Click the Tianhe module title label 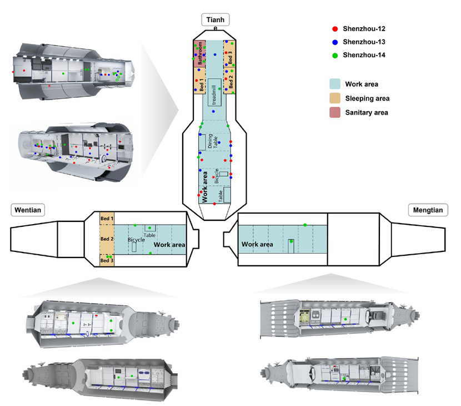coord(216,21)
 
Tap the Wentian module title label coord(27,209)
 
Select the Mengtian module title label coord(425,210)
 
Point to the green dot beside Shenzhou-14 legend coord(334,55)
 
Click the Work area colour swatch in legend coord(334,85)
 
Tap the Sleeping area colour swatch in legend coord(334,98)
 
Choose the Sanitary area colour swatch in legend coord(334,112)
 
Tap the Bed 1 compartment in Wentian coord(107,219)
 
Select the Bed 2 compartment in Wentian coord(107,239)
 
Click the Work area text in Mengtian coord(257,244)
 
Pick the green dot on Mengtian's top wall coord(305,225)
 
